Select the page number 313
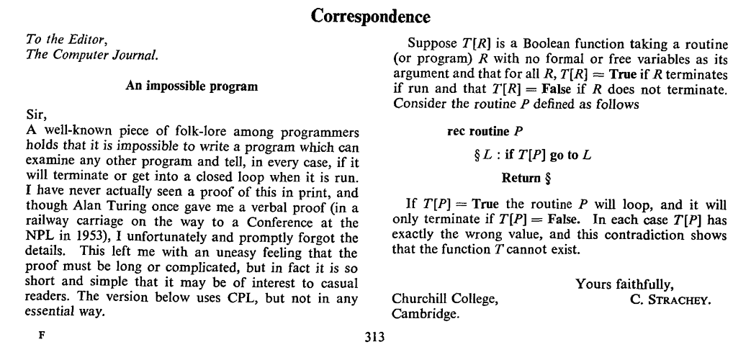[x=376, y=335]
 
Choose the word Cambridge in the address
[x=424, y=314]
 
